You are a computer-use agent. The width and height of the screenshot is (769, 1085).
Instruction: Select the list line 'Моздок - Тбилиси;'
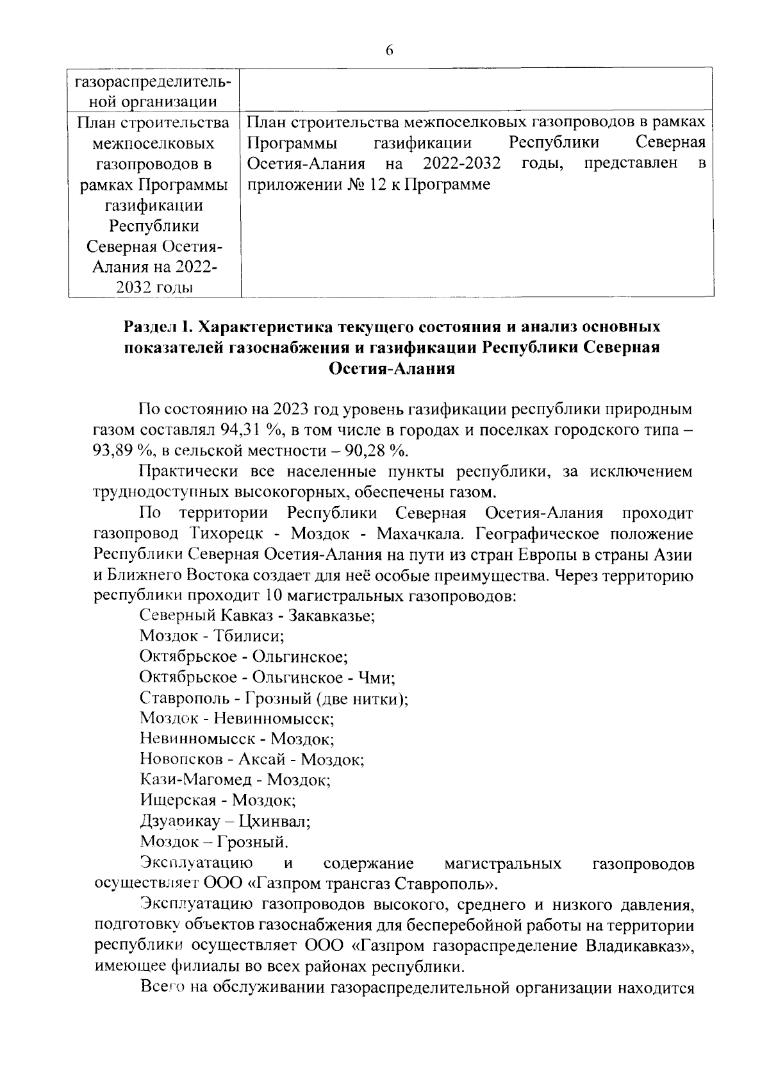coord(212,636)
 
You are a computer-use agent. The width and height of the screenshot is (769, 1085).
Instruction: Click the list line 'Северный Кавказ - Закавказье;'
coord(257,616)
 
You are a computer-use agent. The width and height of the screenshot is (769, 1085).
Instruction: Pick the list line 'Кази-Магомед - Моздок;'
coord(235,780)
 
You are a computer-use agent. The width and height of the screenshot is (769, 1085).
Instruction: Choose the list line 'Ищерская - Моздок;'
coord(217,800)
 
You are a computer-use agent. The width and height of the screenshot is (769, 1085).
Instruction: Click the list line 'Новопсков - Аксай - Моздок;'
coord(252,759)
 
